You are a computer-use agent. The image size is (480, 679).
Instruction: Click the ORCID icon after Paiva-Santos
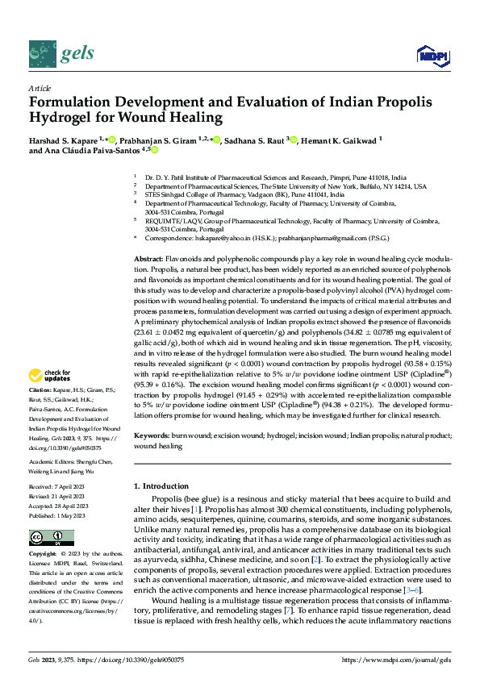[x=154, y=150]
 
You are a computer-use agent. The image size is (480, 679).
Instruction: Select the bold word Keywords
[x=152, y=435]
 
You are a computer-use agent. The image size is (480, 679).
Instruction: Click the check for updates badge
[x=51, y=375]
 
